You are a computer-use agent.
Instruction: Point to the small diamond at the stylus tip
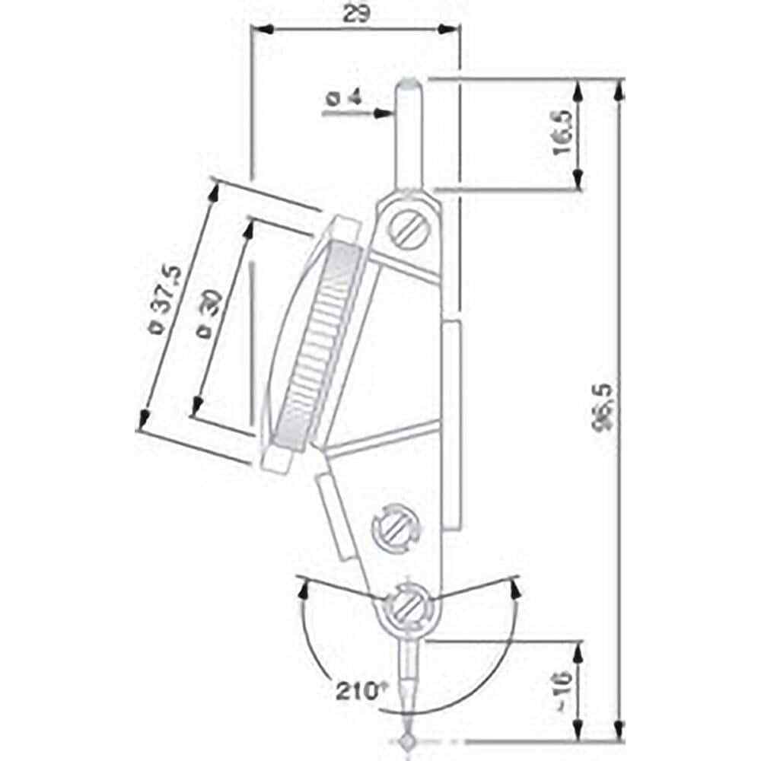pyautogui.click(x=407, y=740)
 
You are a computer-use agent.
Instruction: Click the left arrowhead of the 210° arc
pyautogui.click(x=305, y=587)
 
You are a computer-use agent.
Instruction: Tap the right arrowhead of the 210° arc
pyautogui.click(x=515, y=587)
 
